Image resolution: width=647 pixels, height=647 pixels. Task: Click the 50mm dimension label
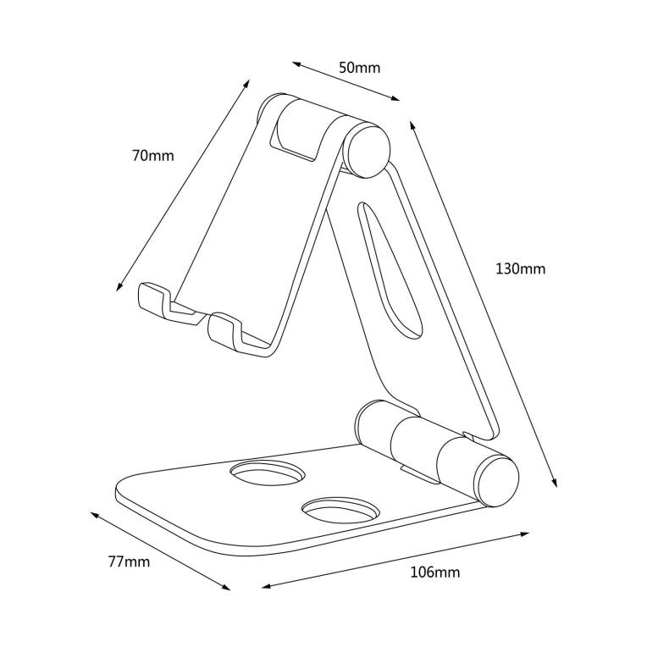click(x=359, y=68)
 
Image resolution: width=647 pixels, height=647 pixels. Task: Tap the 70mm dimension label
click(x=152, y=156)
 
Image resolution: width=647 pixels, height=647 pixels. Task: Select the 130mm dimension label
click(x=520, y=269)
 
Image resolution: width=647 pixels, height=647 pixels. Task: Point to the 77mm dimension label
click(x=129, y=561)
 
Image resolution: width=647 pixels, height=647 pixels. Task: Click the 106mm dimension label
click(x=434, y=572)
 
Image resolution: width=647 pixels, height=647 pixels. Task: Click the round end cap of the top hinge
click(x=367, y=150)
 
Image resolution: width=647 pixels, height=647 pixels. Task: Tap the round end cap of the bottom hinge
click(x=497, y=481)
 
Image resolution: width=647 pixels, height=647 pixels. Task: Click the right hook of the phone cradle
click(x=227, y=330)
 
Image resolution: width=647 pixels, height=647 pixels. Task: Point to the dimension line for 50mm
click(x=346, y=81)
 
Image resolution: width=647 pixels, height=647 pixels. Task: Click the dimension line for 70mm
click(x=183, y=185)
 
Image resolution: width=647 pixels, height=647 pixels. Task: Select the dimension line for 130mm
click(x=484, y=305)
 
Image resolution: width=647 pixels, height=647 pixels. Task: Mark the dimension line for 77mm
click(x=160, y=551)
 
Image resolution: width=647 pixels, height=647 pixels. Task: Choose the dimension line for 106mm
click(x=395, y=560)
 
